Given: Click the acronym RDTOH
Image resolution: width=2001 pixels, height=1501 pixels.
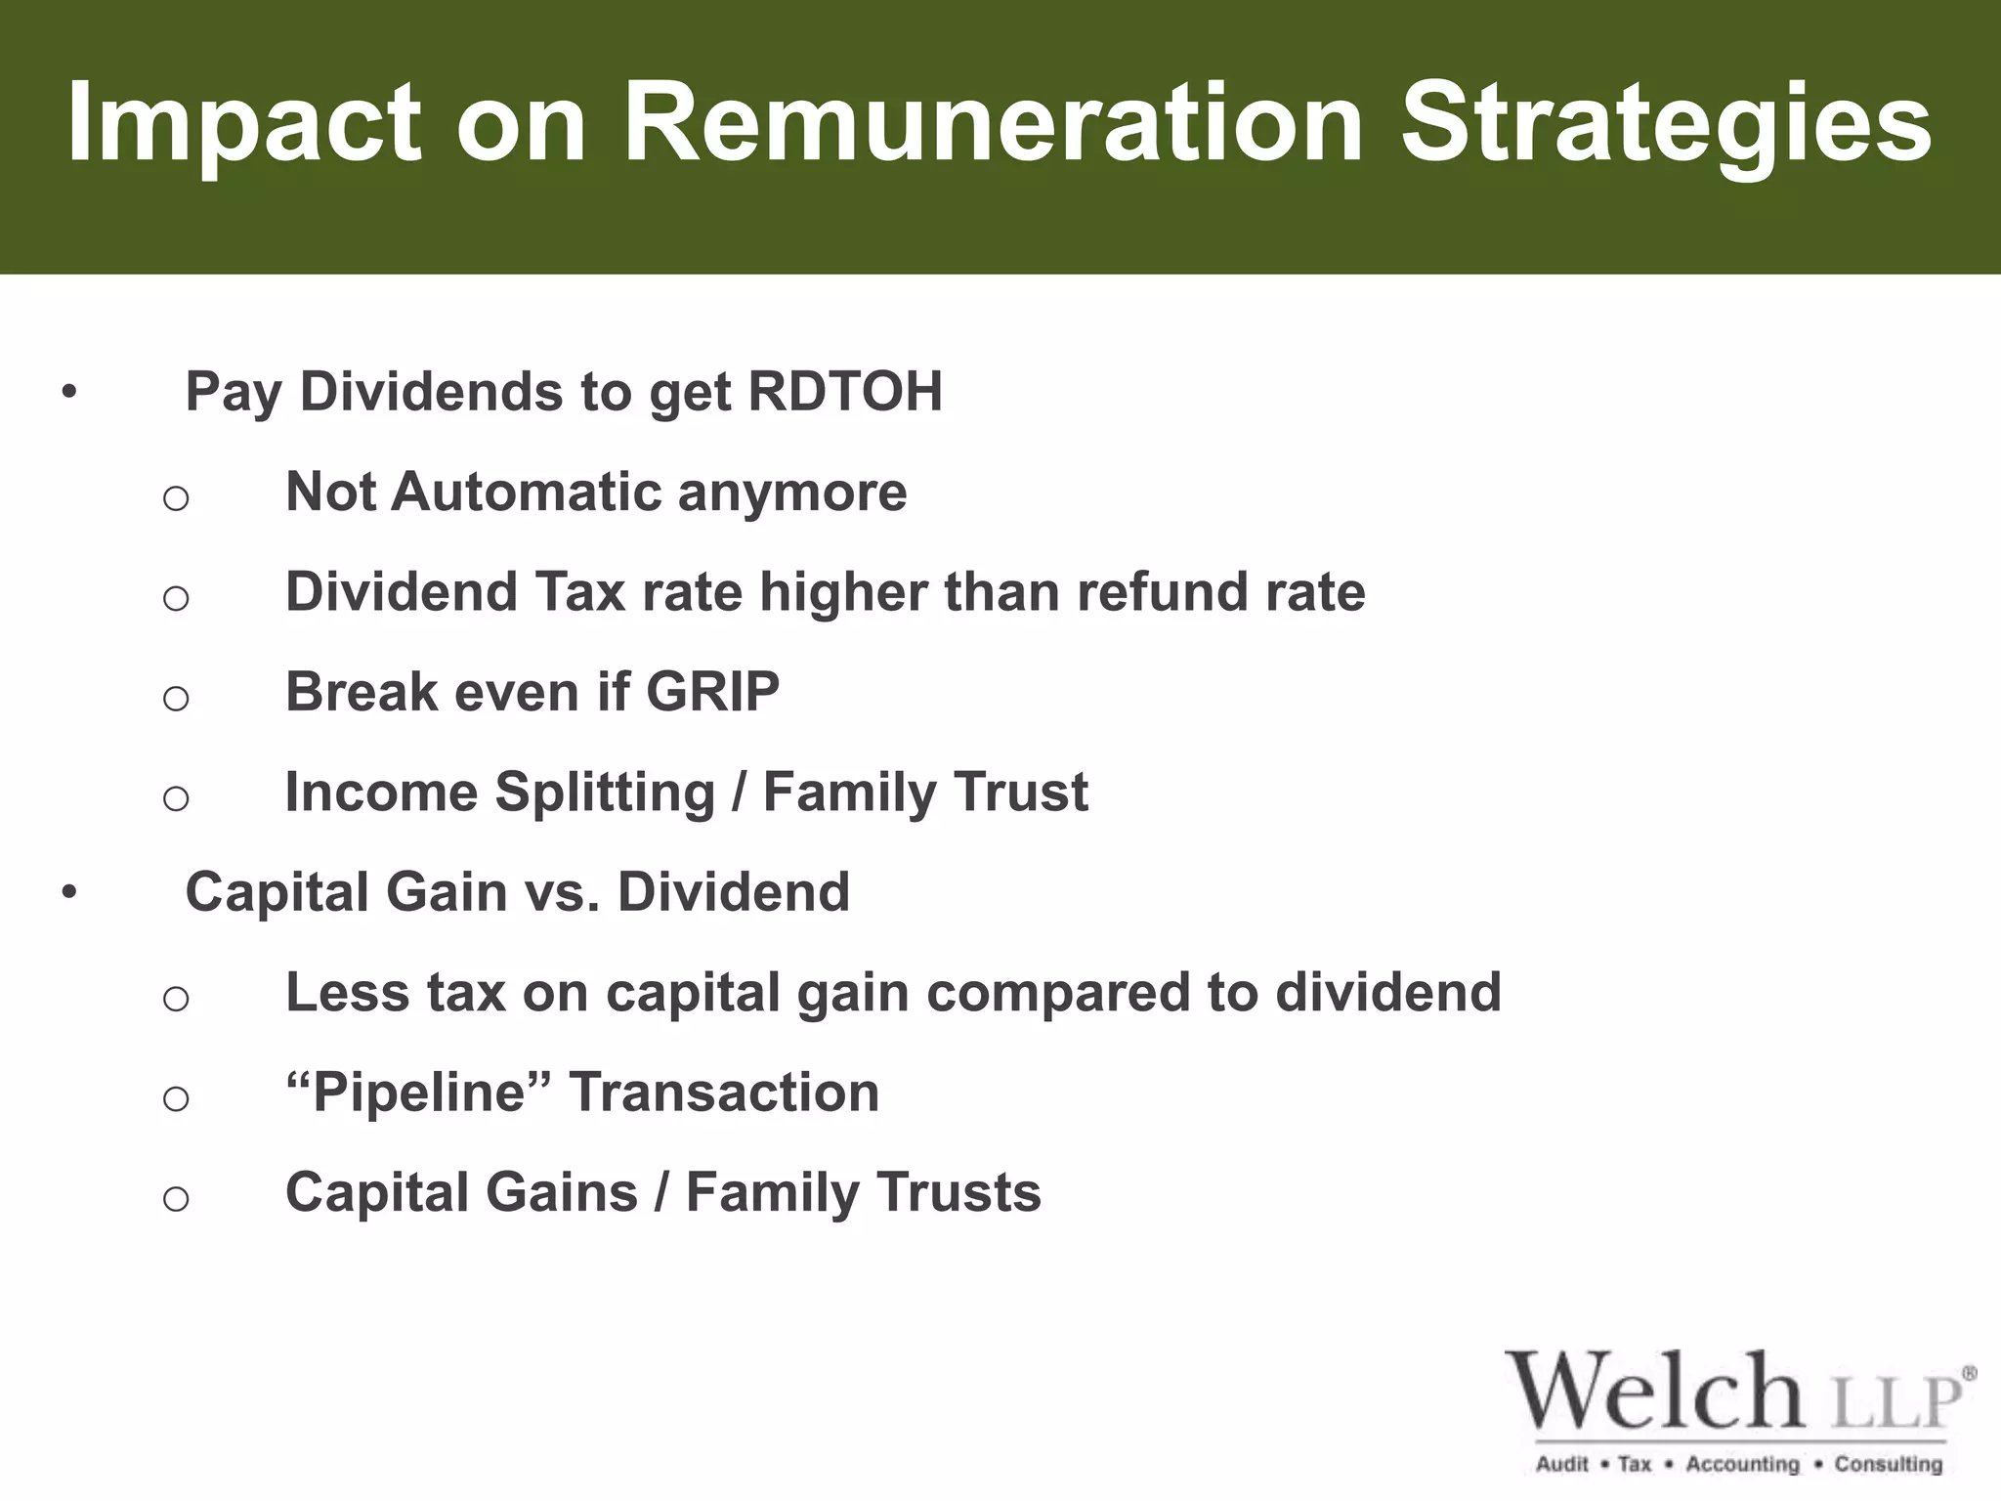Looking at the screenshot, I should tap(845, 392).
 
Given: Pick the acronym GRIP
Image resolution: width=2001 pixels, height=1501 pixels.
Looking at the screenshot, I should tap(712, 692).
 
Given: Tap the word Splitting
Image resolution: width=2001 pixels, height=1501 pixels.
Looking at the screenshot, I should tap(605, 793).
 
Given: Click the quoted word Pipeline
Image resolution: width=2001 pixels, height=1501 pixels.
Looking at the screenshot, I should tap(418, 1093).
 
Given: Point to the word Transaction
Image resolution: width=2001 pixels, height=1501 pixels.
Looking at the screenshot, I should tap(724, 1093).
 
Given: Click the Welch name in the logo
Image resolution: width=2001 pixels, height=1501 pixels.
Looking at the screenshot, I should tap(1655, 1394).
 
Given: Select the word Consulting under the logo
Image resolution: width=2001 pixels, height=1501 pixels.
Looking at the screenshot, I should tap(1888, 1465).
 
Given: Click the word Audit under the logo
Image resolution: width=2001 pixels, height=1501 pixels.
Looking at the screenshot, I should tap(1562, 1465).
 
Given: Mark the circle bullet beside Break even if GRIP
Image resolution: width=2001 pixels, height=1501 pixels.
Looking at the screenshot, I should tap(176, 698).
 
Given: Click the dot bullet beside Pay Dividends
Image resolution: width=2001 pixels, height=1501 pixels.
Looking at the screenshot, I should tap(67, 393).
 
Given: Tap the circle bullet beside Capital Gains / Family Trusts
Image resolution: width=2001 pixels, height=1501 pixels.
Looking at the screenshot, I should tap(176, 1198).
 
